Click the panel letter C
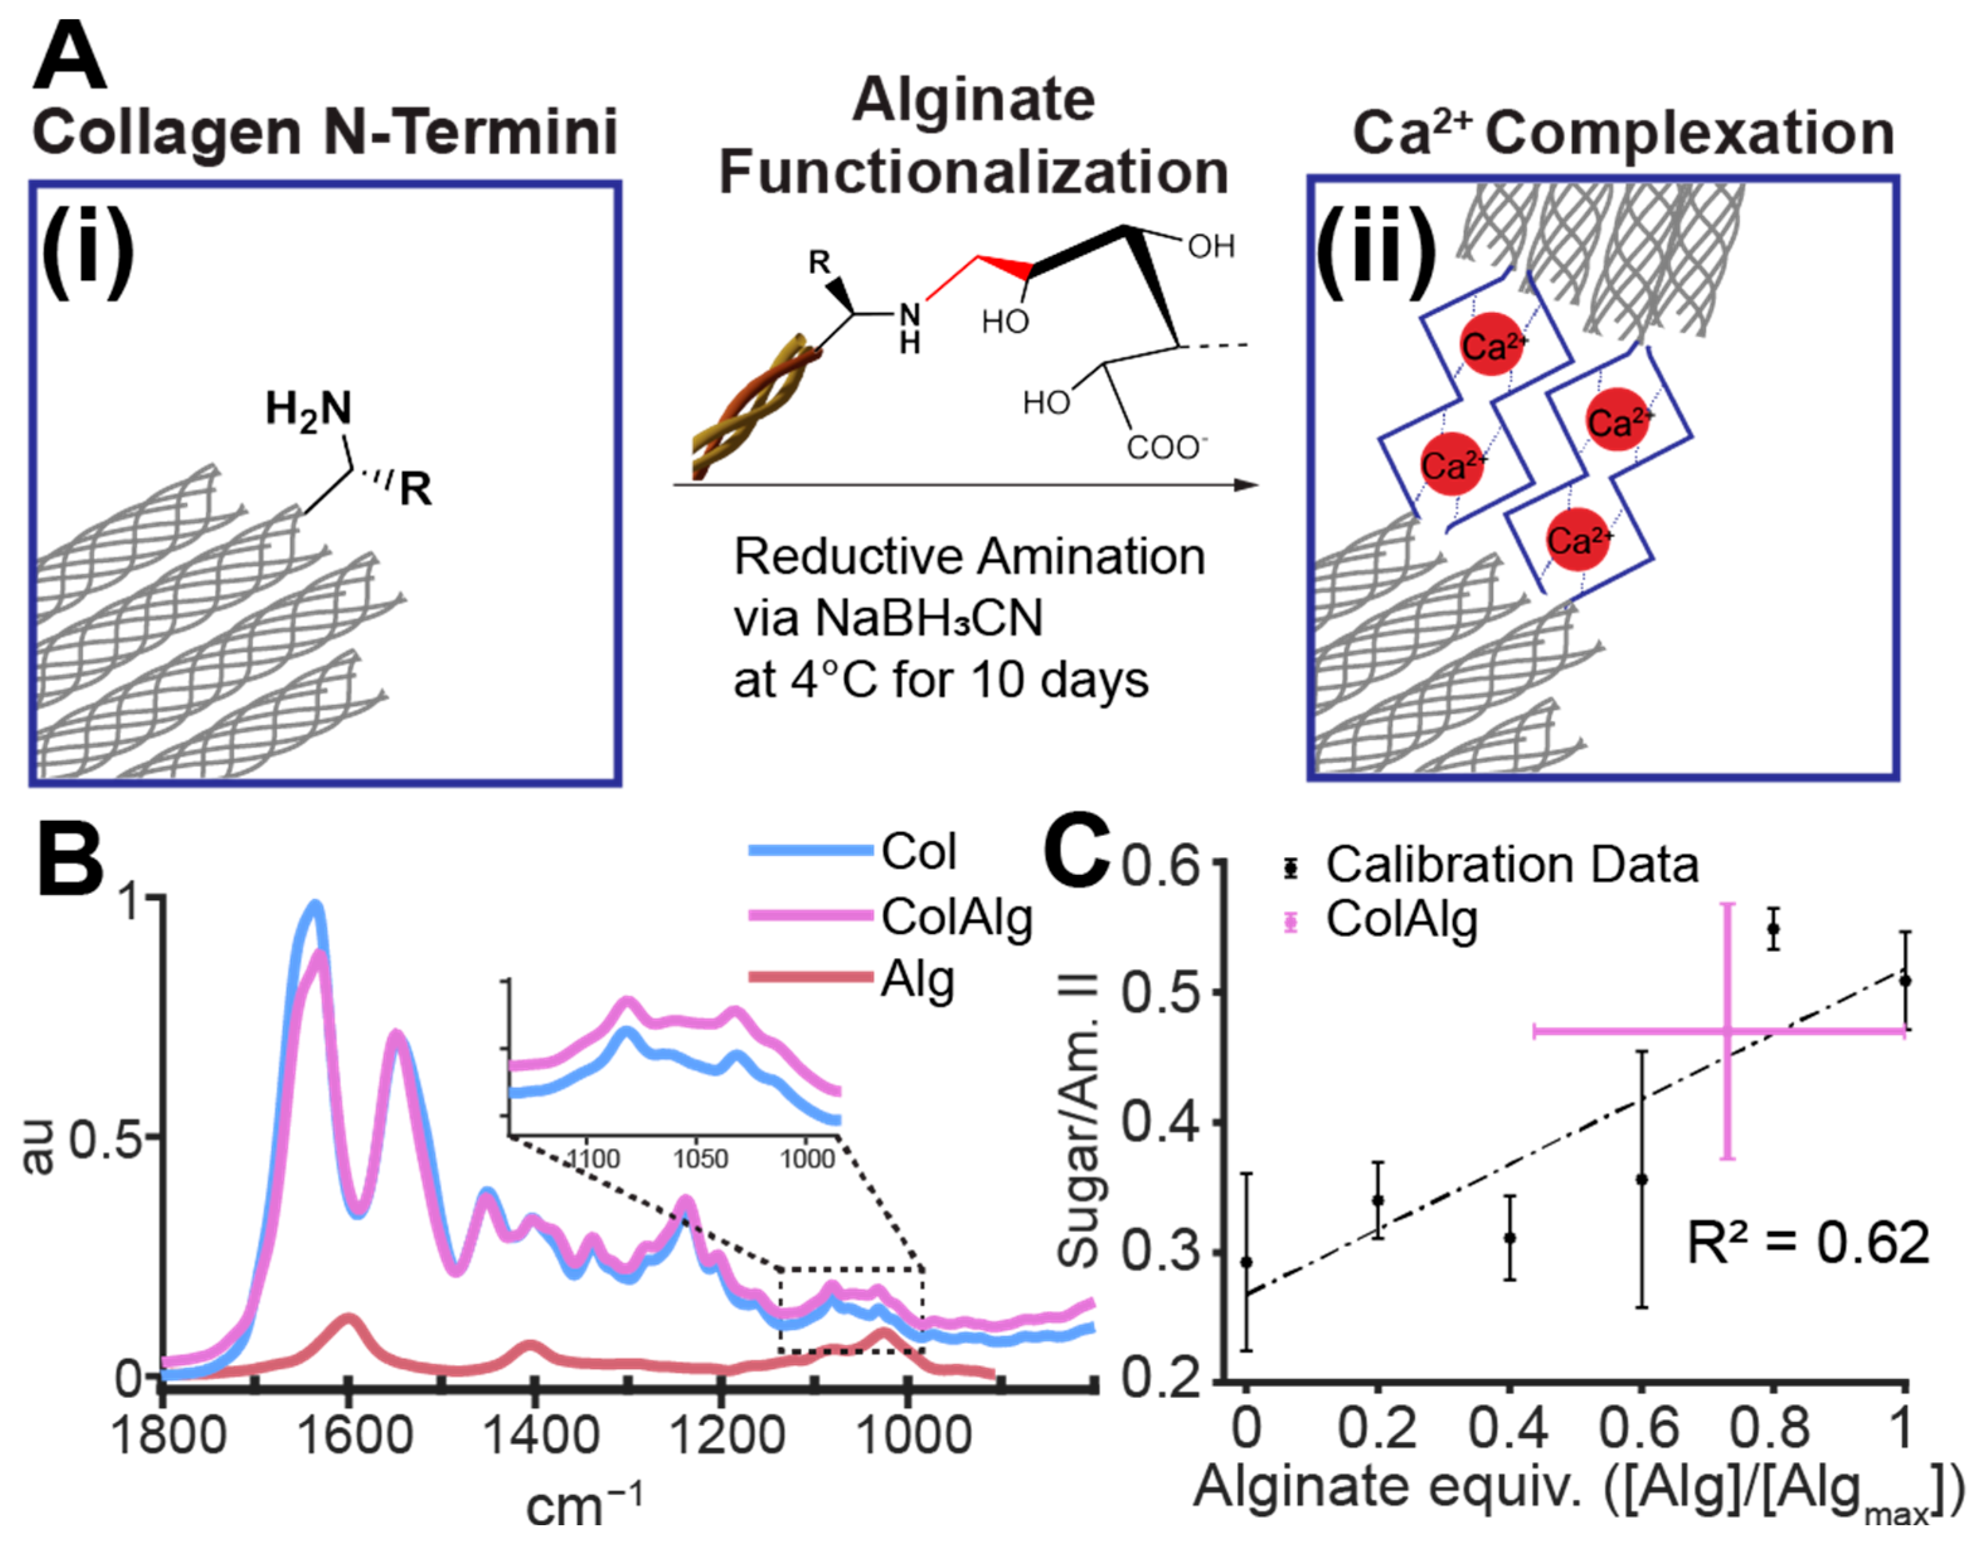1076,853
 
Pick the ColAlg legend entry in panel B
956,917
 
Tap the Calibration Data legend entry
1512,865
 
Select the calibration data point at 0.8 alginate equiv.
1773,929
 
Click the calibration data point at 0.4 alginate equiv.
1510,1238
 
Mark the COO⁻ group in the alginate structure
1167,448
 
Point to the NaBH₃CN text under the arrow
929,619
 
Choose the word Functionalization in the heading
974,172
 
